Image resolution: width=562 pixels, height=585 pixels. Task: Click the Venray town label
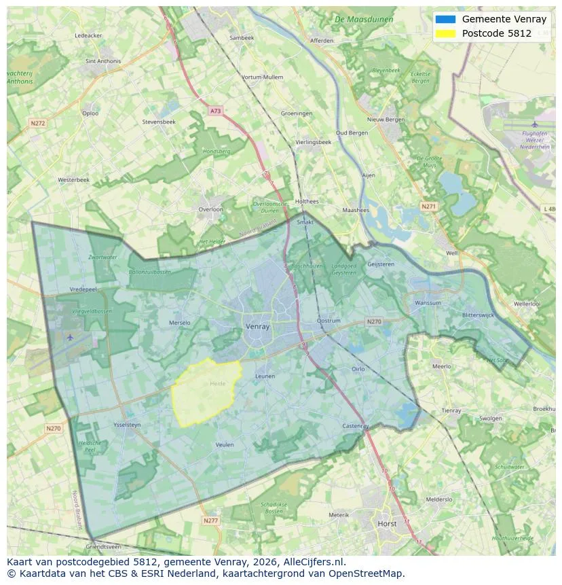pos(257,327)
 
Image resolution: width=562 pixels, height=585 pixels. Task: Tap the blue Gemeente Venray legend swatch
pos(446,19)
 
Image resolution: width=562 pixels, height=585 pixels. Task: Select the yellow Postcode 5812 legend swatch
pos(446,33)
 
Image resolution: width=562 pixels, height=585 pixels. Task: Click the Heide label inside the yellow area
pos(217,384)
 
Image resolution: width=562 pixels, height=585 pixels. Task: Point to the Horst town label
pos(387,524)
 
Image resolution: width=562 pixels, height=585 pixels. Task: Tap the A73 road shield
pos(215,111)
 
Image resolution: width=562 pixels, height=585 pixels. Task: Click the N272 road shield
pos(37,124)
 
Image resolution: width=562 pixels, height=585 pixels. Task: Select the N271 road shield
pos(428,206)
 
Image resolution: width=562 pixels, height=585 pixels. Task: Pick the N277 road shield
pos(211,520)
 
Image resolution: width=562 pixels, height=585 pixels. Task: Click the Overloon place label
pos(210,209)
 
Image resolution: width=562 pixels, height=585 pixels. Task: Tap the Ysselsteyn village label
pos(127,425)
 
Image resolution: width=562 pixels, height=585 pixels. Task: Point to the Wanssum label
pos(428,303)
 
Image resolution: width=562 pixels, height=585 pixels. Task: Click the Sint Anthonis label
pos(103,60)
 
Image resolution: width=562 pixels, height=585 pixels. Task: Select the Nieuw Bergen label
pos(386,120)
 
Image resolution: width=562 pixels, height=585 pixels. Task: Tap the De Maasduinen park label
pos(364,20)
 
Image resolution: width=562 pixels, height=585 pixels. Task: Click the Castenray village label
pos(356,426)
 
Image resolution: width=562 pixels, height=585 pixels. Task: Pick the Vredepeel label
pos(84,289)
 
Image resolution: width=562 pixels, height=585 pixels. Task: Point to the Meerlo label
pos(441,366)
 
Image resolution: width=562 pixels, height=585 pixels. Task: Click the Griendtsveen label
pos(103,546)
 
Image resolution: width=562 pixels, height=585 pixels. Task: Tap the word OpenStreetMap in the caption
pos(369,573)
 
